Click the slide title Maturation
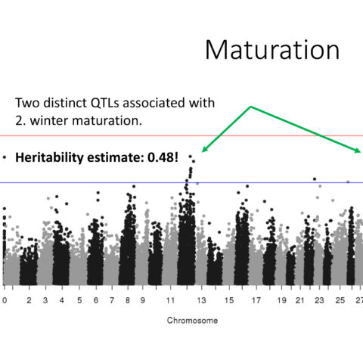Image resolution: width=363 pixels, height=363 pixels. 272,50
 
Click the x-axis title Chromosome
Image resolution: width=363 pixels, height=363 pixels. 192,321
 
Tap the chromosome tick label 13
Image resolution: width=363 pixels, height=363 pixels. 201,300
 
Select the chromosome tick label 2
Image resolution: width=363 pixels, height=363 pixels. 29,300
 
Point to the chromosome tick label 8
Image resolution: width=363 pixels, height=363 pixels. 128,300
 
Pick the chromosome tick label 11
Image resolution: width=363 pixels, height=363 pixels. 170,300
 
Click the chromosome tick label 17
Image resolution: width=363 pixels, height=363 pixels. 256,300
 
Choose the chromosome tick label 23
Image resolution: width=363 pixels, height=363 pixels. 319,300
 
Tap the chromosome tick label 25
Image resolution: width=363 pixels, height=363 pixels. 340,300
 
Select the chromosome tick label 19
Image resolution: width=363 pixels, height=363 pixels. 281,300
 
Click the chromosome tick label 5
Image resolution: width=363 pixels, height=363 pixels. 79,300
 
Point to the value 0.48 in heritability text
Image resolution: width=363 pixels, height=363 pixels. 160,157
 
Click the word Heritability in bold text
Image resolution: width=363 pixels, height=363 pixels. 49,158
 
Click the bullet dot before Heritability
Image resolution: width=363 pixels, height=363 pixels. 5,157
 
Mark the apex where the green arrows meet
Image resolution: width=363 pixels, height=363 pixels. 250,107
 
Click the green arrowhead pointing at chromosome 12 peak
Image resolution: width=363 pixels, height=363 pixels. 205,149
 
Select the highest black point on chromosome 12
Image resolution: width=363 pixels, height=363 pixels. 191,157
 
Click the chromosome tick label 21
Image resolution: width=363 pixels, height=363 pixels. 299,300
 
